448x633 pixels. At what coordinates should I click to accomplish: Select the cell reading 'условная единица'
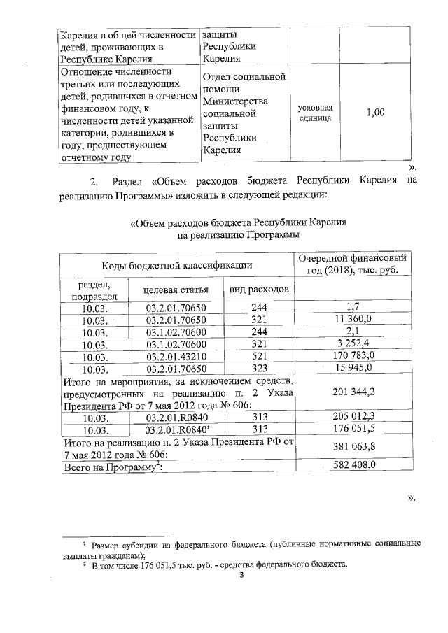coord(315,113)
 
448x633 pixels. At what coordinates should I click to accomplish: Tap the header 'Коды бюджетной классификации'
coord(175,265)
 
